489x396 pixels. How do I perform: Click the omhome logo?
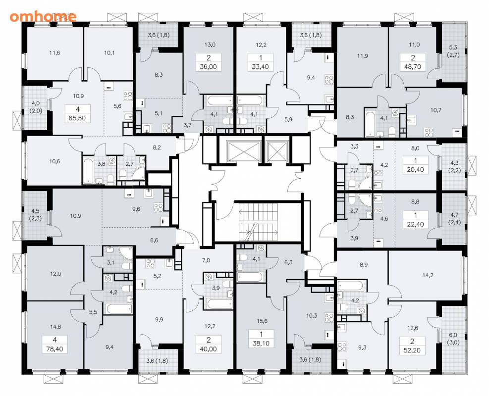(43, 16)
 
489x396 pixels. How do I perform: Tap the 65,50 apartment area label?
(78, 118)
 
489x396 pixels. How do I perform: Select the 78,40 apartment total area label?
(54, 349)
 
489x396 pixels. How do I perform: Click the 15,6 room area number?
(262, 321)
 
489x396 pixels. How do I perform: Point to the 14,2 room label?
(428, 275)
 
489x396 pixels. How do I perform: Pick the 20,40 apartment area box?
(416, 170)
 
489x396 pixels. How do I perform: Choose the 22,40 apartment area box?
(415, 224)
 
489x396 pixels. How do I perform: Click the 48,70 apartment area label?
(413, 67)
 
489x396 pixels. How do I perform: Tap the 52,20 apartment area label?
(412, 350)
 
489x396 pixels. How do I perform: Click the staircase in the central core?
(258, 222)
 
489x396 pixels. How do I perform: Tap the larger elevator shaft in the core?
(244, 151)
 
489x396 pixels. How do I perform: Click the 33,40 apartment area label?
(261, 67)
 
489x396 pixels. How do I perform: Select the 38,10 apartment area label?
(261, 344)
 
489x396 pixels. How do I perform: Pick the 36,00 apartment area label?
(209, 67)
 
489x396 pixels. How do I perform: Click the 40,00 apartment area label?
(209, 349)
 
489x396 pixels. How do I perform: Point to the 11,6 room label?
(54, 52)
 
